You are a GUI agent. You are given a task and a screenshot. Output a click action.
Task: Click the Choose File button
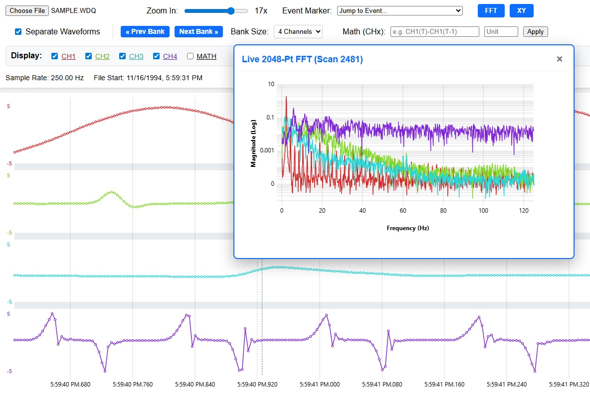27,10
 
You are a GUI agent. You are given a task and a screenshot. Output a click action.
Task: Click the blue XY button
521,10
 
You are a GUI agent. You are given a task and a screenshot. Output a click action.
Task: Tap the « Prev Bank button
145,31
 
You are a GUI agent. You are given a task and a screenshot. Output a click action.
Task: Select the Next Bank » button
198,31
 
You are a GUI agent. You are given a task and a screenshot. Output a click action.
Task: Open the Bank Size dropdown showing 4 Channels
298,31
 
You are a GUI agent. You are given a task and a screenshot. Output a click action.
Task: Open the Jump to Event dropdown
399,10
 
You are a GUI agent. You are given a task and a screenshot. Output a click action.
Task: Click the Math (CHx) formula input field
434,31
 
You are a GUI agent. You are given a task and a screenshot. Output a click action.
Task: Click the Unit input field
501,31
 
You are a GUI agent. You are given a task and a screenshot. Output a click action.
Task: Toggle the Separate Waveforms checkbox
18,31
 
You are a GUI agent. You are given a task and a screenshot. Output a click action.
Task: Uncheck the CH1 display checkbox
54,56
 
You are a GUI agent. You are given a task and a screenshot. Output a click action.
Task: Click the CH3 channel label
136,56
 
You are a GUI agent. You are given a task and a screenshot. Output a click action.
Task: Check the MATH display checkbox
190,56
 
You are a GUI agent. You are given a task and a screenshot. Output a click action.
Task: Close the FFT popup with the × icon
560,59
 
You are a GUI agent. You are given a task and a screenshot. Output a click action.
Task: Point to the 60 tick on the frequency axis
403,210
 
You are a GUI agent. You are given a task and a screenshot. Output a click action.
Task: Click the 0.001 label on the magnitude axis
267,150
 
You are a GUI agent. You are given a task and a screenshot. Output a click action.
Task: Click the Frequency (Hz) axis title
408,228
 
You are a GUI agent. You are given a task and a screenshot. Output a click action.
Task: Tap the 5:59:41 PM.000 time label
320,385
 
